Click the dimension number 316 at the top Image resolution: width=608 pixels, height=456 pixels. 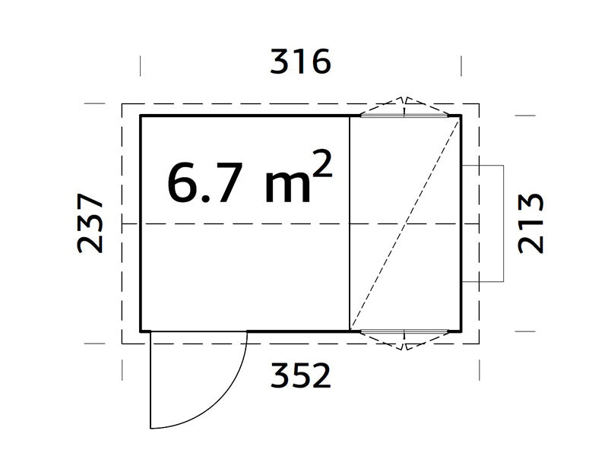[301, 62]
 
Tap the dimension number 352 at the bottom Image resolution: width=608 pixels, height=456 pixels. [301, 375]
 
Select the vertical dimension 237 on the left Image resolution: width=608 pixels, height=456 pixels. [90, 223]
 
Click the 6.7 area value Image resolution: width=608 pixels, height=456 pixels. [203, 183]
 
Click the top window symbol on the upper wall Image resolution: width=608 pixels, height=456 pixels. [405, 112]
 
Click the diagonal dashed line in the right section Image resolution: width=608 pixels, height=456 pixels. [405, 223]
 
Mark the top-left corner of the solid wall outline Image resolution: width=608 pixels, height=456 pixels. [141, 116]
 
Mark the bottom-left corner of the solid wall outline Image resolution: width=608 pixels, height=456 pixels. [141, 331]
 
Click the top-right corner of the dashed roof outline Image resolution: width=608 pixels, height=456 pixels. [479, 103]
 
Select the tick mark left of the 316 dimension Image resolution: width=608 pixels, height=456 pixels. [141, 65]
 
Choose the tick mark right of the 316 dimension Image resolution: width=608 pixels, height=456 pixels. [461, 65]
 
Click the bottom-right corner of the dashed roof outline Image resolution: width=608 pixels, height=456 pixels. [479, 344]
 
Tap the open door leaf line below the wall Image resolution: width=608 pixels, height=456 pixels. [150, 380]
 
